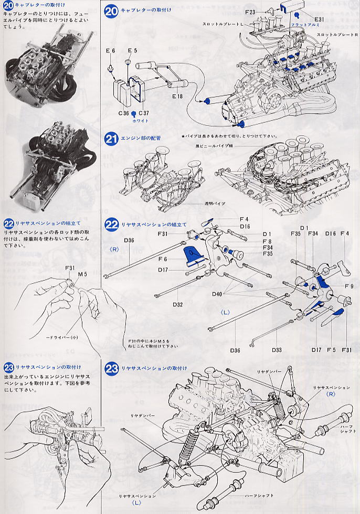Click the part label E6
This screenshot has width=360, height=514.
point(110,51)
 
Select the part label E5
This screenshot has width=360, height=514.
point(132,51)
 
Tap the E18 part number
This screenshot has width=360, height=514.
point(177,97)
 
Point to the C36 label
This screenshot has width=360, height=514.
point(123,113)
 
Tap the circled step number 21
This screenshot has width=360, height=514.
point(111,139)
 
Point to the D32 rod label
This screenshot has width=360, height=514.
point(177,304)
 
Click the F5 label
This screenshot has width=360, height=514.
point(330,350)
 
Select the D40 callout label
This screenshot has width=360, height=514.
point(218,294)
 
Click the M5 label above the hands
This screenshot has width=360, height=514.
point(82,274)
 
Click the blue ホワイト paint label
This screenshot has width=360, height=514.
point(142,120)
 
